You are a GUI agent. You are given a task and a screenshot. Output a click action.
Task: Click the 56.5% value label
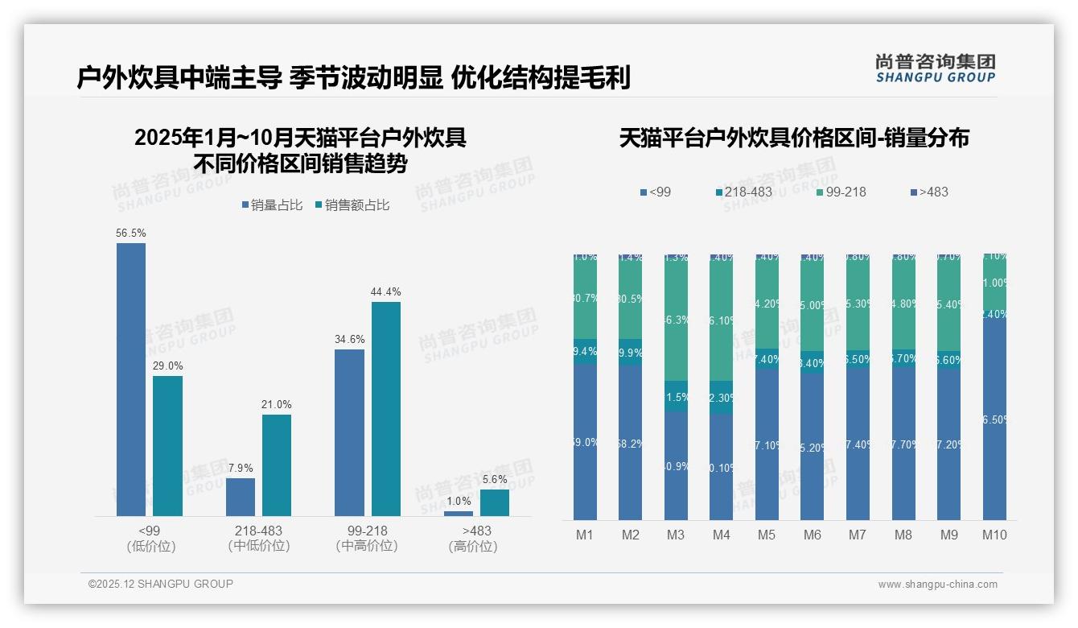tap(131, 233)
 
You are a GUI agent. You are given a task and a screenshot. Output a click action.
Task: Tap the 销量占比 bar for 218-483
tap(241, 497)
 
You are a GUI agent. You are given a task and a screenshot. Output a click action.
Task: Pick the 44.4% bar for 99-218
tap(386, 408)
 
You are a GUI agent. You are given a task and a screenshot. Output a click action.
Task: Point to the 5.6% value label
tap(495, 479)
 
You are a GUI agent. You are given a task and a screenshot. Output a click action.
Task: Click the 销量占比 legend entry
tap(272, 205)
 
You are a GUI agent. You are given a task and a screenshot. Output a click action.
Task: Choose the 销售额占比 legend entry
tap(352, 205)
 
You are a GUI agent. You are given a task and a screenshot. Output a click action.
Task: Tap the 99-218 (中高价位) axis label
tap(367, 539)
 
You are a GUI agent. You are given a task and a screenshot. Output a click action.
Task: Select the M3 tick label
tap(676, 535)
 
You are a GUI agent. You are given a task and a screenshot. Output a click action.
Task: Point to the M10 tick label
tap(994, 535)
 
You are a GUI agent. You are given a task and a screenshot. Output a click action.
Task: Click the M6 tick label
tap(812, 535)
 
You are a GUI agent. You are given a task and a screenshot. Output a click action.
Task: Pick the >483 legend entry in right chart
tap(929, 192)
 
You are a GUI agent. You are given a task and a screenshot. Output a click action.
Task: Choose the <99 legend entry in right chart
tap(656, 192)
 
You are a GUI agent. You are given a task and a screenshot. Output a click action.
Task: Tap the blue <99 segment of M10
tap(994, 419)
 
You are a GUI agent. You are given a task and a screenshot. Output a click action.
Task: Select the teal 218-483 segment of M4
tap(722, 397)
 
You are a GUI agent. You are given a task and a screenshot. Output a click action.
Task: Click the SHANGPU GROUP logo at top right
tap(935, 68)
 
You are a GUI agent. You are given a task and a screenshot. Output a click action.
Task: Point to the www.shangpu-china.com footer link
tap(937, 585)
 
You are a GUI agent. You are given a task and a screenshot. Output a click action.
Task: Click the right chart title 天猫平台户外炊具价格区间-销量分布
tap(794, 138)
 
